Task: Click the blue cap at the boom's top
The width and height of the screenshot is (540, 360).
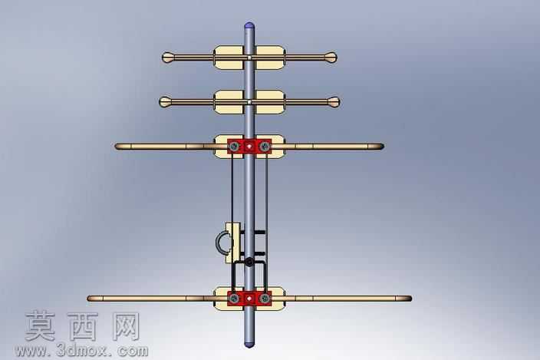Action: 249,25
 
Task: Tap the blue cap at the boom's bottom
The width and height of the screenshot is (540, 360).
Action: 249,344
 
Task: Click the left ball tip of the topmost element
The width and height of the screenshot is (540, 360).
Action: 168,58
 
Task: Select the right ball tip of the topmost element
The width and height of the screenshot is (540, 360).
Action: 331,58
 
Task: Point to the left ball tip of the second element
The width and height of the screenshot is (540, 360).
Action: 165,102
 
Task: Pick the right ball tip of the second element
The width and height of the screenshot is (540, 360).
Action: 334,102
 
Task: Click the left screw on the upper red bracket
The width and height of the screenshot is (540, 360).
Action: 234,147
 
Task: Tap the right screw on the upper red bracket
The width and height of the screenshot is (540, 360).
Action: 265,147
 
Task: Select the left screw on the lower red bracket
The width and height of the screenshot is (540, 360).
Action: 234,299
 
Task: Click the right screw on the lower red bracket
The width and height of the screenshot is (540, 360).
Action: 265,299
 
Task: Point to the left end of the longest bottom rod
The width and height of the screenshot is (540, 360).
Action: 87,299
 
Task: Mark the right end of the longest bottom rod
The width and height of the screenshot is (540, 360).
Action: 411,299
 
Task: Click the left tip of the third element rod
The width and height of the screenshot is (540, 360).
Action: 116,147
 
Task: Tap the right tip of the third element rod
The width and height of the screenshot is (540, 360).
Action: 383,147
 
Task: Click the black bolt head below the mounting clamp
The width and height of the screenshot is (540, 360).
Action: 249,263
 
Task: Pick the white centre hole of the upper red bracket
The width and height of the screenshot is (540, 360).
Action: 249,147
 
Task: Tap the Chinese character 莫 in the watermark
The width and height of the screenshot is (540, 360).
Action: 41,326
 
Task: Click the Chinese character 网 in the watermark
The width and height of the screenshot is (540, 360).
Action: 126,326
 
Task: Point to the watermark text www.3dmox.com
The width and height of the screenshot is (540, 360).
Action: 81,351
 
